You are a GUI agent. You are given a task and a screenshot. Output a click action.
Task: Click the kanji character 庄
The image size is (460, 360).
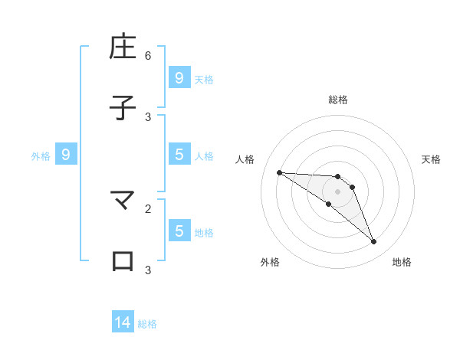[x=123, y=47]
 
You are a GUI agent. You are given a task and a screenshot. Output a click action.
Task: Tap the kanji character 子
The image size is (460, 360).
[x=123, y=108]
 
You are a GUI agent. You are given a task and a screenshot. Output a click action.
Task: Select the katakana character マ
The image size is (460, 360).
[x=123, y=201]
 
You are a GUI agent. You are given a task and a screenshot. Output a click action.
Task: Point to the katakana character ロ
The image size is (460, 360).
[x=123, y=261]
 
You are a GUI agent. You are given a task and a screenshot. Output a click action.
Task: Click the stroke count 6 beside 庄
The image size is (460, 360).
[x=148, y=56]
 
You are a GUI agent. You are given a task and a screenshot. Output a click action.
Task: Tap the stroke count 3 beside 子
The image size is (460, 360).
[x=148, y=116]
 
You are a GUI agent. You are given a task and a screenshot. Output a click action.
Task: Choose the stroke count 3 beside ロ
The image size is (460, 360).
[x=148, y=270]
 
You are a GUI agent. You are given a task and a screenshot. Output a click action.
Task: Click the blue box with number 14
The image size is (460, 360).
[x=123, y=322]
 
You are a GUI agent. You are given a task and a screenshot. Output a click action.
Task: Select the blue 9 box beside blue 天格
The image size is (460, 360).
[x=179, y=78]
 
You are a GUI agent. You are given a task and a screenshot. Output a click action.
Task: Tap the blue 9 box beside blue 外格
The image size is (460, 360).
[x=66, y=155]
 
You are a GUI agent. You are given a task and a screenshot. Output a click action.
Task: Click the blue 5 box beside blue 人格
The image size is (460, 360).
[x=179, y=155]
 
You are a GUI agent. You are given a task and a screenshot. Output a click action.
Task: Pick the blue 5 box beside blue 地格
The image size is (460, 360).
[x=179, y=231]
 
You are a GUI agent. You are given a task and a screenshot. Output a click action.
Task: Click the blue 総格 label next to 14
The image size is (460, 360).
[x=147, y=324]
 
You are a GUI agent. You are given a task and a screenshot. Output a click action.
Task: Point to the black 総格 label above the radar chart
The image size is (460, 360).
[x=337, y=100]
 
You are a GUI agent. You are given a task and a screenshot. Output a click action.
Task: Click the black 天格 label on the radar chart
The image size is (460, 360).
[x=431, y=159]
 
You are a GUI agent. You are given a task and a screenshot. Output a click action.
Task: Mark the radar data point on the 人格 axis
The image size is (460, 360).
[x=279, y=172]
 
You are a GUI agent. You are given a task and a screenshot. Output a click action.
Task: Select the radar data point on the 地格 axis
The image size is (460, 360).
[x=373, y=242]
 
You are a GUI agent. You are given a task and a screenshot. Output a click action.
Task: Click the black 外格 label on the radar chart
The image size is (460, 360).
[x=270, y=262]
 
